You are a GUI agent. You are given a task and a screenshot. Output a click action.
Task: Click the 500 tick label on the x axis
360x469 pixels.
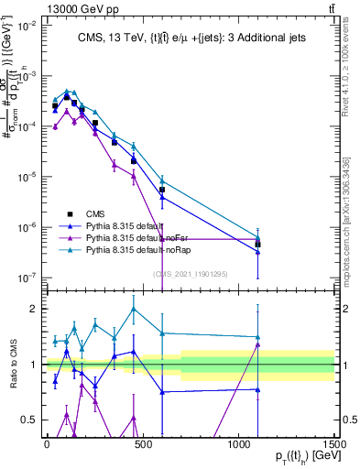point(143,443)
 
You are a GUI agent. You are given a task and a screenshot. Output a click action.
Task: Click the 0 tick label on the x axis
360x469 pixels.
point(47,443)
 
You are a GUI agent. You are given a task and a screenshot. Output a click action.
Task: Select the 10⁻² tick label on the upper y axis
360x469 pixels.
point(26,26)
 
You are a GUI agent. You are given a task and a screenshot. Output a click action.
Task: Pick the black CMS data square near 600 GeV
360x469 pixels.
point(162,190)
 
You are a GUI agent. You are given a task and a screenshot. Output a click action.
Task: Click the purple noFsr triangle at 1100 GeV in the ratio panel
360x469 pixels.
point(257,344)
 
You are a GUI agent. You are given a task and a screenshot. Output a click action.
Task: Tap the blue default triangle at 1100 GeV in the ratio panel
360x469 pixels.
point(257,389)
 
